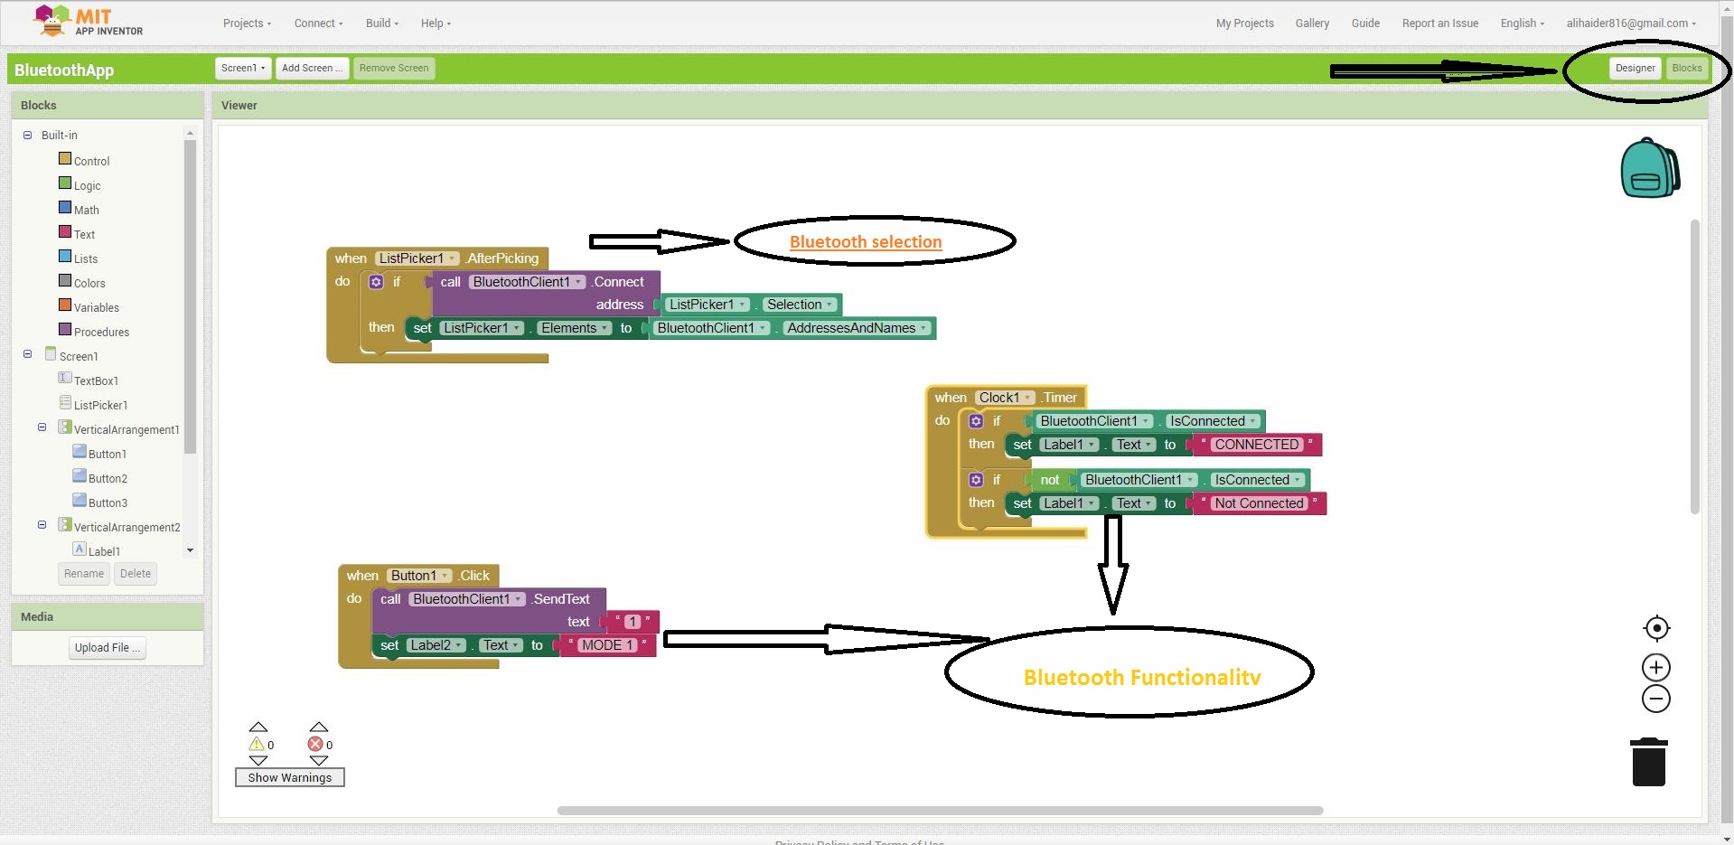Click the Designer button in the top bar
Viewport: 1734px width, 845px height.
1635,69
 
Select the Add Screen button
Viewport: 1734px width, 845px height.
312,69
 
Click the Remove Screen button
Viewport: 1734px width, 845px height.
394,69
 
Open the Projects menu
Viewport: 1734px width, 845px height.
247,23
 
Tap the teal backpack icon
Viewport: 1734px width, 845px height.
1649,169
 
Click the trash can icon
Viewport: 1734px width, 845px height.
1648,763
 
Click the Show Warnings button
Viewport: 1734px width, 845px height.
289,777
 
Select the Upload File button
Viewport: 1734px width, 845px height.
108,648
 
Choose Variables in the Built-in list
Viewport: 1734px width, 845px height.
96,307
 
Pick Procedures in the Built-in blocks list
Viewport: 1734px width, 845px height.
101,332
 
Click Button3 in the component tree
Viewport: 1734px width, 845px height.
108,502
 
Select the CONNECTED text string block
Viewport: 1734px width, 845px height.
1256,445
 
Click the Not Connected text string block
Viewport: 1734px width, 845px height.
1259,503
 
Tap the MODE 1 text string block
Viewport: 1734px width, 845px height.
607,645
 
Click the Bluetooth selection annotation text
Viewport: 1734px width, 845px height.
866,242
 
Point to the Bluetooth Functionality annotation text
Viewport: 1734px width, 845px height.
1141,678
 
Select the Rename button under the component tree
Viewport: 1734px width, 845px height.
84,574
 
